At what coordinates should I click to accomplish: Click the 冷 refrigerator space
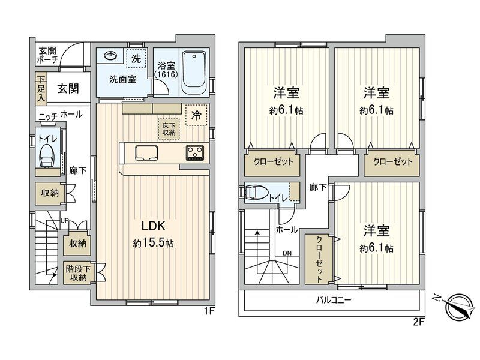click(196, 116)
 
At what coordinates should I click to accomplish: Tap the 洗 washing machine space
click(136, 58)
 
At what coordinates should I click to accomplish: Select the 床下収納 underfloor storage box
click(168, 128)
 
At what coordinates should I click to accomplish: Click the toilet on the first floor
click(46, 157)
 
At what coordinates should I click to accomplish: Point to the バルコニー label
click(334, 300)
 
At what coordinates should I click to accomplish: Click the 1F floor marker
click(208, 311)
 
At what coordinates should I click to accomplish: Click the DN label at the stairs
click(287, 253)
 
